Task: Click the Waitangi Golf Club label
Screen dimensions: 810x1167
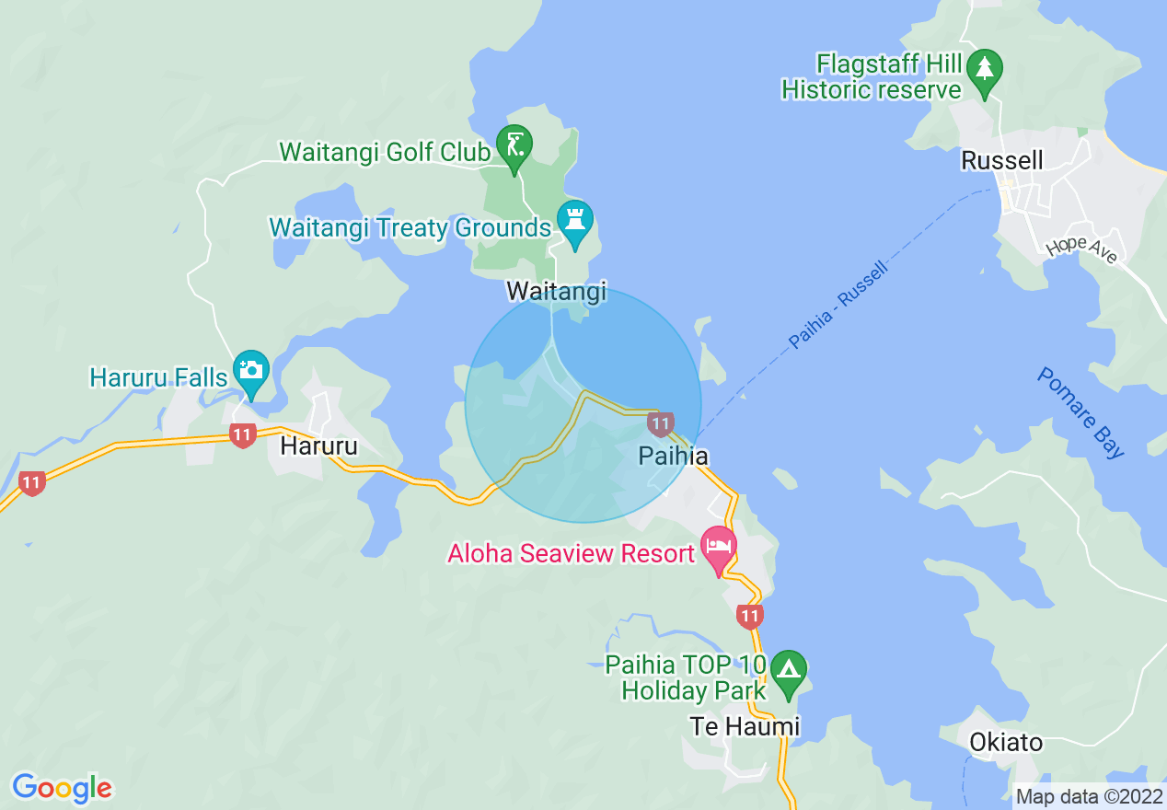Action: pos(384,152)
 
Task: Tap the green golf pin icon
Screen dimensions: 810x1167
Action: pos(514,146)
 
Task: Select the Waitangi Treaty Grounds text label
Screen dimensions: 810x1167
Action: pos(410,226)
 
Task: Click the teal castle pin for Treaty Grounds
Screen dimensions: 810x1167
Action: pos(575,222)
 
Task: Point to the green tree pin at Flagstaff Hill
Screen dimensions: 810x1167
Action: pos(985,70)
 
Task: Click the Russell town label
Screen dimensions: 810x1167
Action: pos(1001,161)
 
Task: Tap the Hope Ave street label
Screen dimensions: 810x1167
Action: pos(1081,250)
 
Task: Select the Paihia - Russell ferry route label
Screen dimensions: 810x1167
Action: pos(838,305)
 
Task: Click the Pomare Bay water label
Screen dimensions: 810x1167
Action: pos(1080,413)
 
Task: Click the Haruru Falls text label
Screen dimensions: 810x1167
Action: pos(158,377)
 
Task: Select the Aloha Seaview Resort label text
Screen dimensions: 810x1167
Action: pos(571,554)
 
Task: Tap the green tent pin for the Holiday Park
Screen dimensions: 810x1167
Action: pos(788,673)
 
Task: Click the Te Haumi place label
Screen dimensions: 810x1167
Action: pos(745,726)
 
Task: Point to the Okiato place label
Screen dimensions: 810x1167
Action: pos(1006,742)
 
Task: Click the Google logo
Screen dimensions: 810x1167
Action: pos(62,788)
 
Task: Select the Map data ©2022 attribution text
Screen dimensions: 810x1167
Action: pos(1089,796)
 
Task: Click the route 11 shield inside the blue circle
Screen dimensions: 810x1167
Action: pos(659,423)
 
